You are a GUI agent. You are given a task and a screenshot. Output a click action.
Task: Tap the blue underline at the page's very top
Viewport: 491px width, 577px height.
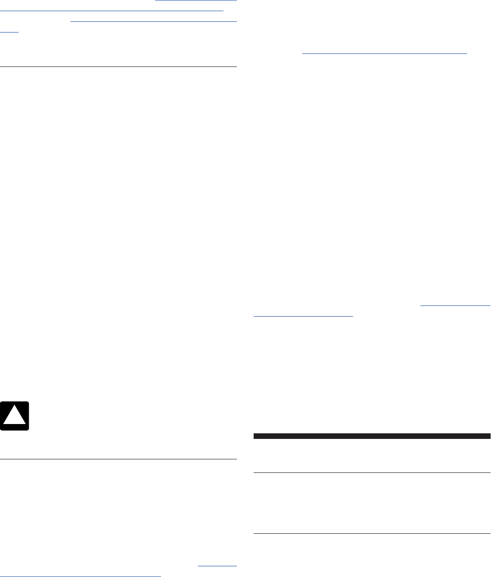(196, 1)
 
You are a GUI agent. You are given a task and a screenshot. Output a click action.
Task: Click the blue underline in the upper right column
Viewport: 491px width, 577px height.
(384, 53)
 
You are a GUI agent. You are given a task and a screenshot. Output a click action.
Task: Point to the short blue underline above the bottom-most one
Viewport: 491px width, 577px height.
(217, 566)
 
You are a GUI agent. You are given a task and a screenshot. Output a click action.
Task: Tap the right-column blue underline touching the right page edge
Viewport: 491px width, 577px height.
(455, 306)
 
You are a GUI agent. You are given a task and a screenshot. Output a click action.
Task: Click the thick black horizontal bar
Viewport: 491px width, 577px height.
(372, 436)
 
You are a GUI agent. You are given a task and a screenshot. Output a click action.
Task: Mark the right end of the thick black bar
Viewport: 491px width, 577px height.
(490, 436)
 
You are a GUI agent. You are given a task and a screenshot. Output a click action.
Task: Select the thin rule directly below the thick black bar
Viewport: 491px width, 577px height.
(372, 473)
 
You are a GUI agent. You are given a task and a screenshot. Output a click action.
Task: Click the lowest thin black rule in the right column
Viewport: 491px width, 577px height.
(372, 533)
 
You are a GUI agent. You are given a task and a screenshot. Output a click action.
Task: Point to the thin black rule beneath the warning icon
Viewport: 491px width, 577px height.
(118, 460)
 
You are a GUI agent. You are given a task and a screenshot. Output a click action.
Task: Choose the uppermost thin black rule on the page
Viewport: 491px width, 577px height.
(118, 67)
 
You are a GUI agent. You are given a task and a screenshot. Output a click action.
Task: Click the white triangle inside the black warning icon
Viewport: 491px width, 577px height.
(15, 417)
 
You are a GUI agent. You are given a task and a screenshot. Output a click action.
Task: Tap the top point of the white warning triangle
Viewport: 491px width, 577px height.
(15, 407)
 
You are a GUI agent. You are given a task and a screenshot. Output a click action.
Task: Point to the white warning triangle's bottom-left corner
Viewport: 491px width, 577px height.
(4, 424)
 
